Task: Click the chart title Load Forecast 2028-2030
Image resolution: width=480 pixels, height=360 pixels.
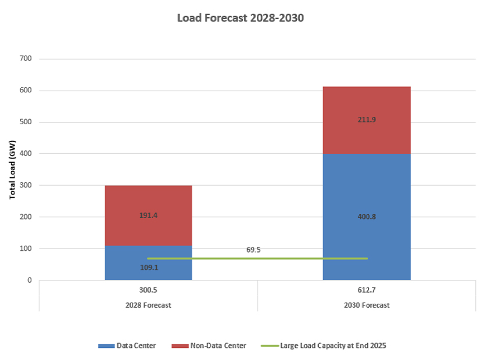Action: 240,19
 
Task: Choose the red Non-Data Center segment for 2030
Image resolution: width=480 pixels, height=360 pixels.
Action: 367,139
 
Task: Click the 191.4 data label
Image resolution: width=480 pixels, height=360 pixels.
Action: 148,215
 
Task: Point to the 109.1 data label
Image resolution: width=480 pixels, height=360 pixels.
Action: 148,268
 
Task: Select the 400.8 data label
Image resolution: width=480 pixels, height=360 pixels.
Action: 367,217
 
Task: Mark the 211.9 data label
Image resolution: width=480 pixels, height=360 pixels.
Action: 367,120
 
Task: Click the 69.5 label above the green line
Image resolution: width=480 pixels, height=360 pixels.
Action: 253,250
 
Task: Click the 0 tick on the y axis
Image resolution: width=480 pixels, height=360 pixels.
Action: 29,280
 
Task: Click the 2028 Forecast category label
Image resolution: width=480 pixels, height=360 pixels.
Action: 148,305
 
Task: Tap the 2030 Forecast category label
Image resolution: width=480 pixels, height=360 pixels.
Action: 367,305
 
